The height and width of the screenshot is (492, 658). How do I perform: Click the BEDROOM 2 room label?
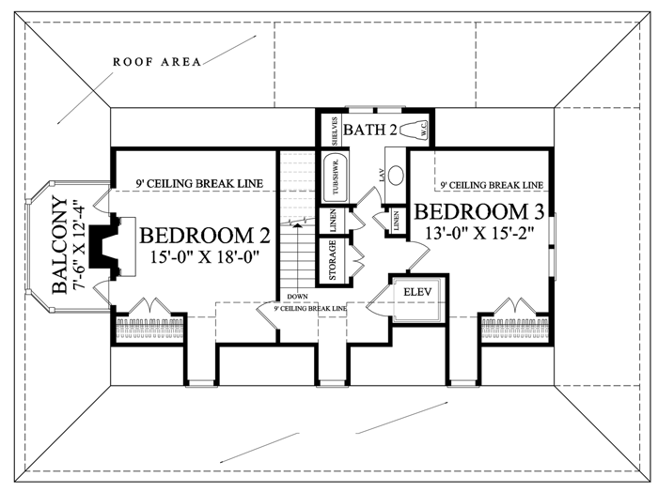click(204, 236)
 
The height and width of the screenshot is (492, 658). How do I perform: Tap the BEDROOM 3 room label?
click(479, 211)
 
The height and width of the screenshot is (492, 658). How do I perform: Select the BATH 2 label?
click(370, 130)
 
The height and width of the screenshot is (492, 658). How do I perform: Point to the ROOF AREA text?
click(157, 62)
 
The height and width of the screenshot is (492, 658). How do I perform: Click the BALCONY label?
click(59, 245)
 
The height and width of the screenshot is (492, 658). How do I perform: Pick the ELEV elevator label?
click(417, 292)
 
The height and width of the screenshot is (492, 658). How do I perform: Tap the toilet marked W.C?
click(415, 130)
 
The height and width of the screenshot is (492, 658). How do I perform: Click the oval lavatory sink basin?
click(395, 176)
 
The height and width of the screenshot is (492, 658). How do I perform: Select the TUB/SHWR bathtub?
click(335, 177)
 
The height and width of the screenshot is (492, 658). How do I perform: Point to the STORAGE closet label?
click(333, 260)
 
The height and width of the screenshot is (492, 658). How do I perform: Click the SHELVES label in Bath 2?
click(335, 131)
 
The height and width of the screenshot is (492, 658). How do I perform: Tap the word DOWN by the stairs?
click(297, 297)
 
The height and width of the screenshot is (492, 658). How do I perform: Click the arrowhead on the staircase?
click(298, 226)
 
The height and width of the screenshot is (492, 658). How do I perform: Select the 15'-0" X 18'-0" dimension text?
click(205, 255)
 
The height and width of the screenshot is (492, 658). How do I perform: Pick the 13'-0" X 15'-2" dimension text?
click(479, 232)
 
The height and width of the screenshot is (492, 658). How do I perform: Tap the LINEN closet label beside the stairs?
click(333, 221)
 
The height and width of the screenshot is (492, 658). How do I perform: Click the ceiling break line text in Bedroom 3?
click(492, 185)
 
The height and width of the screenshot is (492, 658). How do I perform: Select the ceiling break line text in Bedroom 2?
click(199, 183)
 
